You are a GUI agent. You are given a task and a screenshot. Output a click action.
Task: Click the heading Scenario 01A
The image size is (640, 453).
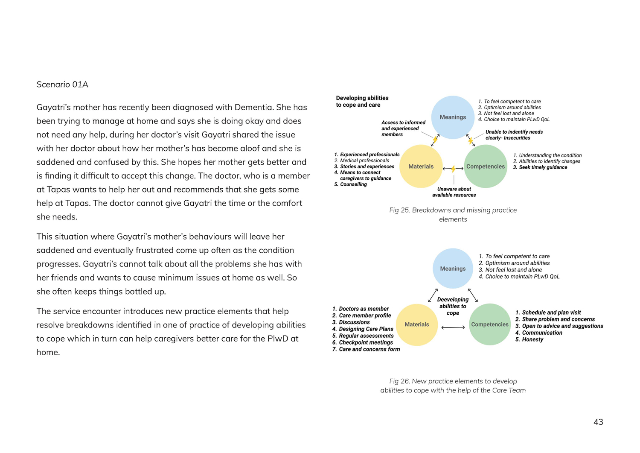[62, 85]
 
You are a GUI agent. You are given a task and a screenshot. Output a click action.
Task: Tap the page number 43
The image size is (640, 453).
[598, 422]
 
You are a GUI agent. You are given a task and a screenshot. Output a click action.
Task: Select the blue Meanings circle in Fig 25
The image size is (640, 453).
[453, 117]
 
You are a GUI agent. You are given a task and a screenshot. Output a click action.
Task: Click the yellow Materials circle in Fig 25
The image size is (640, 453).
[421, 167]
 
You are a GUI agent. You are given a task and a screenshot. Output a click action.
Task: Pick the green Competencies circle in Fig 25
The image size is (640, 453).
[486, 167]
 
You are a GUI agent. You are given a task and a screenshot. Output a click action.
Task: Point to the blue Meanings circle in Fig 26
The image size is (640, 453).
[453, 269]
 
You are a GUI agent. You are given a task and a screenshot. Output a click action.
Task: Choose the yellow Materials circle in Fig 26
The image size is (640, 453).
[417, 324]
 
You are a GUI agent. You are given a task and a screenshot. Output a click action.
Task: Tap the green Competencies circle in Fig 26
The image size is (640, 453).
[490, 324]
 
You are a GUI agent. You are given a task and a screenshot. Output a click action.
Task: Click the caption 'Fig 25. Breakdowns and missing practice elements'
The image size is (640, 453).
[453, 214]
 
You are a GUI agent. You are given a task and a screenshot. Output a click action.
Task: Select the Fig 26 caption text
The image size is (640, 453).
[453, 386]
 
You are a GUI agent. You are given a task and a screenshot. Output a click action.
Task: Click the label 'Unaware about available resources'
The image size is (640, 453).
[454, 192]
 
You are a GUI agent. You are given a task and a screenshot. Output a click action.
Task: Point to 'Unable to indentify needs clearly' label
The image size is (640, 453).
[514, 135]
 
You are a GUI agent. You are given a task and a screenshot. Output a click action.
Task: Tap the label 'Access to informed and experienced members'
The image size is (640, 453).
[403, 129]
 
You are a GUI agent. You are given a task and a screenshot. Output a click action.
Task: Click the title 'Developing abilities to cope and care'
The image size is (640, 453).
[362, 101]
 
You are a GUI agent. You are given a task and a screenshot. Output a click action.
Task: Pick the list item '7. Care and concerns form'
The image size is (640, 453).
[366, 349]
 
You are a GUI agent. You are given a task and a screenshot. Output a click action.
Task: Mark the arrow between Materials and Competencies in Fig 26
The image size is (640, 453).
[453, 327]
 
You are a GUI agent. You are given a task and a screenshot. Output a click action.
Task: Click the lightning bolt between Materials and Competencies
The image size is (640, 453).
[453, 169]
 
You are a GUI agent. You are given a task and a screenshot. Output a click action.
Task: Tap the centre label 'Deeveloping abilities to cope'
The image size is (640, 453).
[453, 306]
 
